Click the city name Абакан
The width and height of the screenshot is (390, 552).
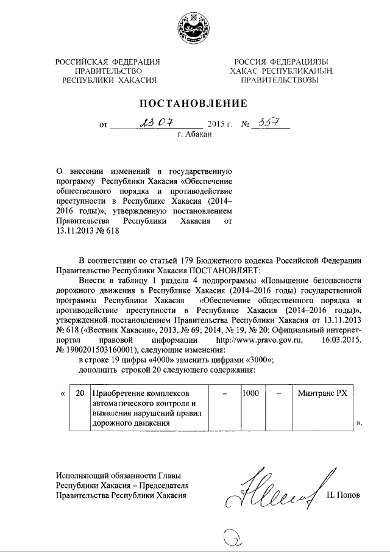[x=194, y=135]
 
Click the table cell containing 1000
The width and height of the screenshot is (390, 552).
[x=250, y=394]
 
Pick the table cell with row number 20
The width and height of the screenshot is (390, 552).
[x=79, y=394]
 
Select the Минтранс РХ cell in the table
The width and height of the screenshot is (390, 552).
[x=323, y=394]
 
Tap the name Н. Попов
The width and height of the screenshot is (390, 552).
[x=344, y=495]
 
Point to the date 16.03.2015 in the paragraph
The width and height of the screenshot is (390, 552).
[x=342, y=340]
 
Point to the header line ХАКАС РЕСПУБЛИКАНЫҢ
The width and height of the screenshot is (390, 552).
[x=280, y=71]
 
